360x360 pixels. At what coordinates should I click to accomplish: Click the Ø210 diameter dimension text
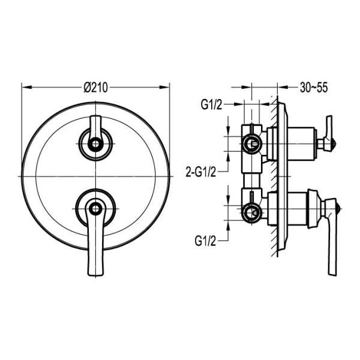(x=96, y=88)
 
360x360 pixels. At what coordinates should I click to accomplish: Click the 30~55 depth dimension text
(x=313, y=88)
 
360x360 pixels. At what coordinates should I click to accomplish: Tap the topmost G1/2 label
(x=212, y=106)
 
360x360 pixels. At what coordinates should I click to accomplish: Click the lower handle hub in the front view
(x=94, y=208)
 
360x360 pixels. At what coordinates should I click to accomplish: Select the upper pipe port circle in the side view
(x=253, y=143)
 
